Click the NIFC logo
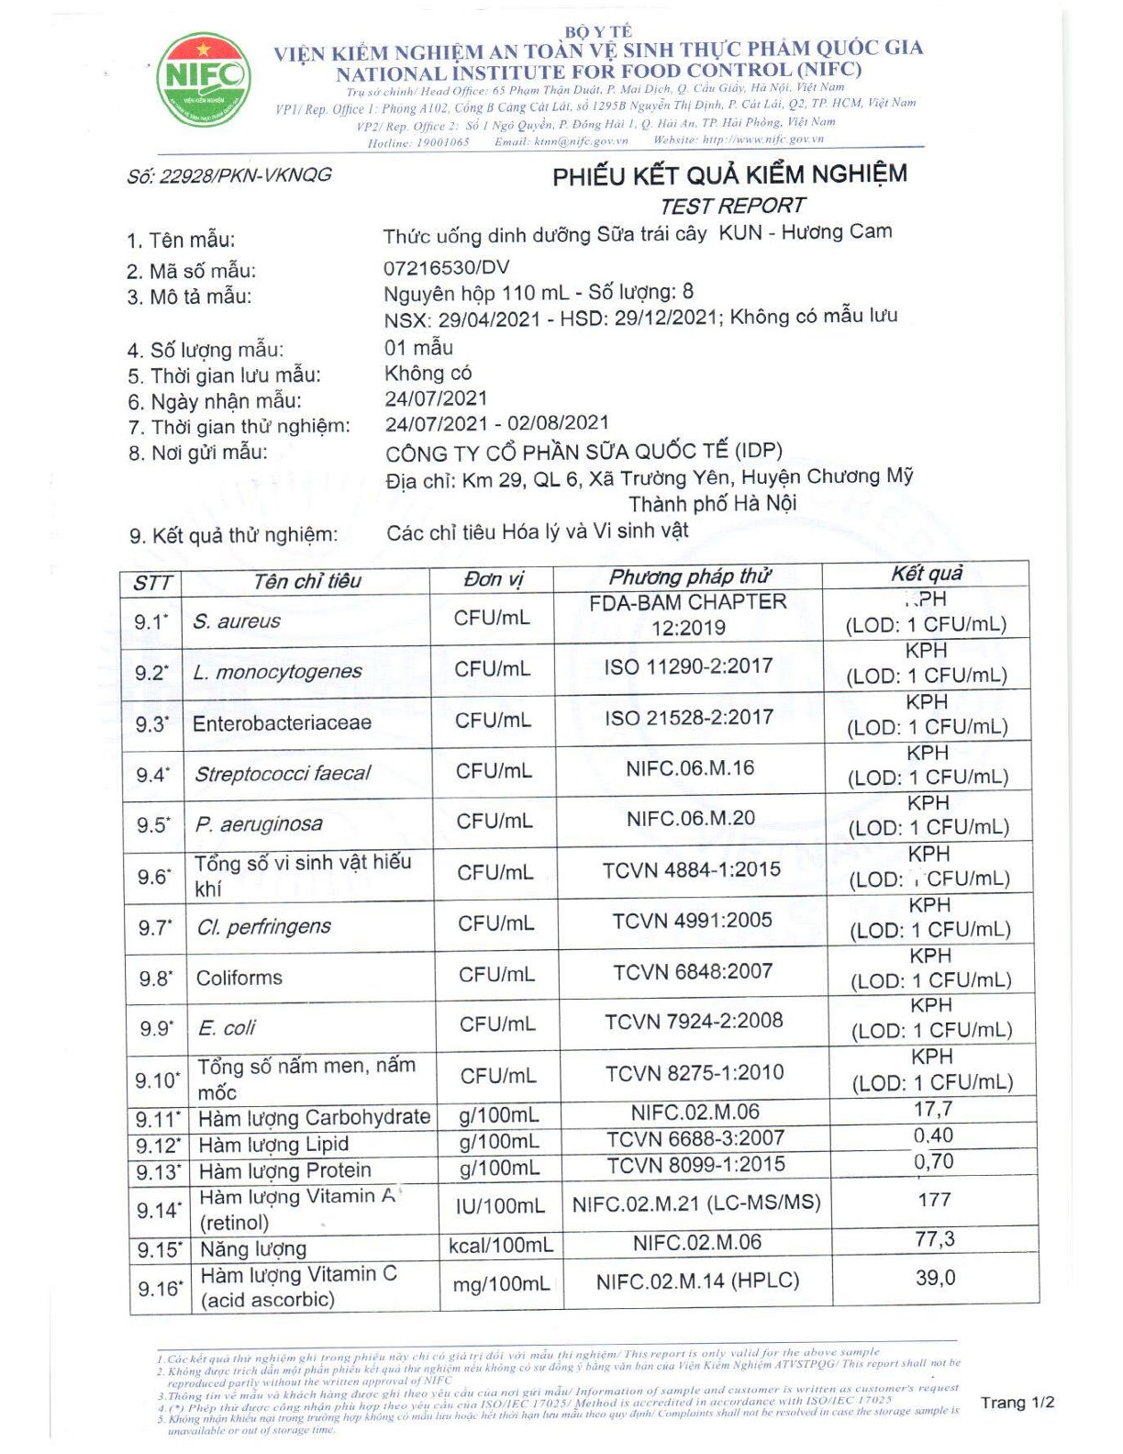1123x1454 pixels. (x=203, y=80)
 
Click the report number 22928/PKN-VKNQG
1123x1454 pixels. (x=229, y=175)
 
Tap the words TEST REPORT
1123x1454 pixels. (x=732, y=206)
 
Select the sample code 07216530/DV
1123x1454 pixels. (x=446, y=268)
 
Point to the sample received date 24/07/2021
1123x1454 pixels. (x=436, y=398)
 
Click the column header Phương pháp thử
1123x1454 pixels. (x=689, y=576)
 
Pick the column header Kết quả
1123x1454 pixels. (x=927, y=574)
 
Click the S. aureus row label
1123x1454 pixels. (x=237, y=621)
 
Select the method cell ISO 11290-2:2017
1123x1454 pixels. (x=688, y=666)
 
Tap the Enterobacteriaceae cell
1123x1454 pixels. (x=282, y=723)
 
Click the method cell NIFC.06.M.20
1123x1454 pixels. (x=691, y=818)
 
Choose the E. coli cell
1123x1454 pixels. (x=227, y=1028)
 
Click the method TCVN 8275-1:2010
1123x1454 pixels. (x=695, y=1072)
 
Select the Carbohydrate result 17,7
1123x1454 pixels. (x=933, y=1109)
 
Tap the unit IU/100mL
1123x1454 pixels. (x=500, y=1206)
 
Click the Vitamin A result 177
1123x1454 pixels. (x=934, y=1200)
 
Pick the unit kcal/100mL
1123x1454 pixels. (x=501, y=1246)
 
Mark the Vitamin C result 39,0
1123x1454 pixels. (x=935, y=1278)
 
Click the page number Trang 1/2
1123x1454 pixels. (x=1017, y=1403)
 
